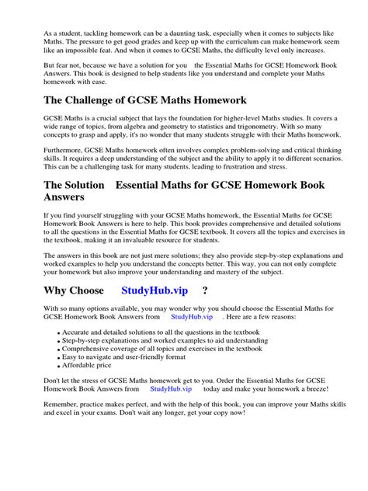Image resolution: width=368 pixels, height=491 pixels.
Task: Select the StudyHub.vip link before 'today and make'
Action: (171, 388)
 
